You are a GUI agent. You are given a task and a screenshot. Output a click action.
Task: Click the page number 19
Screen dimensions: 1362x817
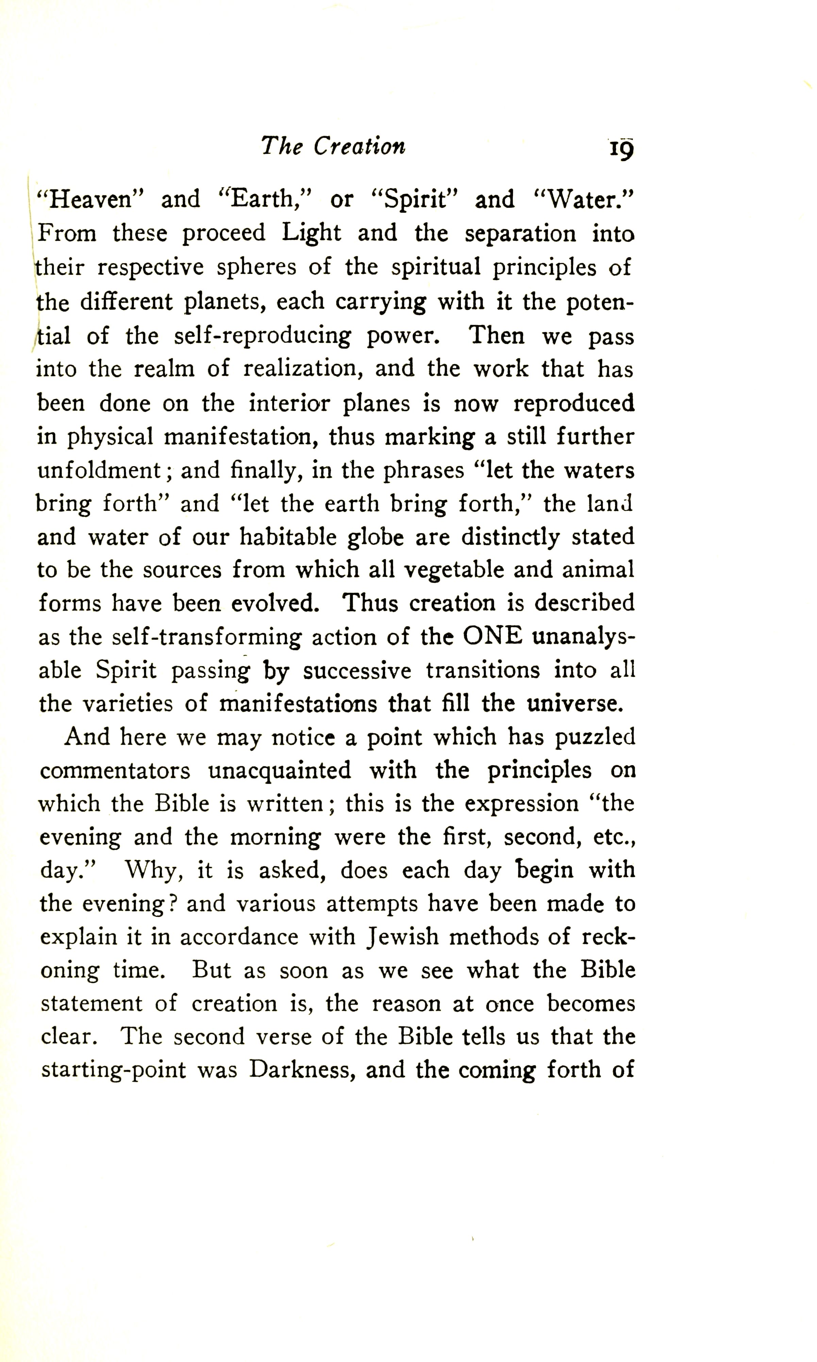(621, 149)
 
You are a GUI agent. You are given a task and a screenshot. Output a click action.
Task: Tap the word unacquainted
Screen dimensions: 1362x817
(280, 770)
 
